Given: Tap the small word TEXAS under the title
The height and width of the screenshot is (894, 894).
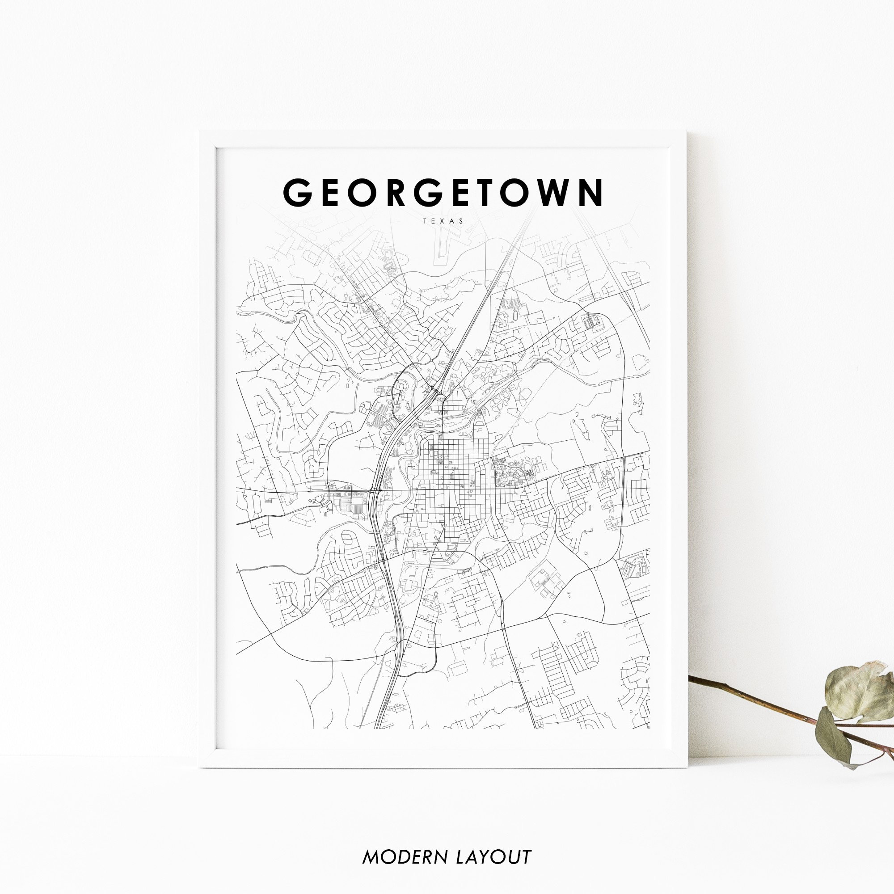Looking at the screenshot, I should [x=443, y=221].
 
